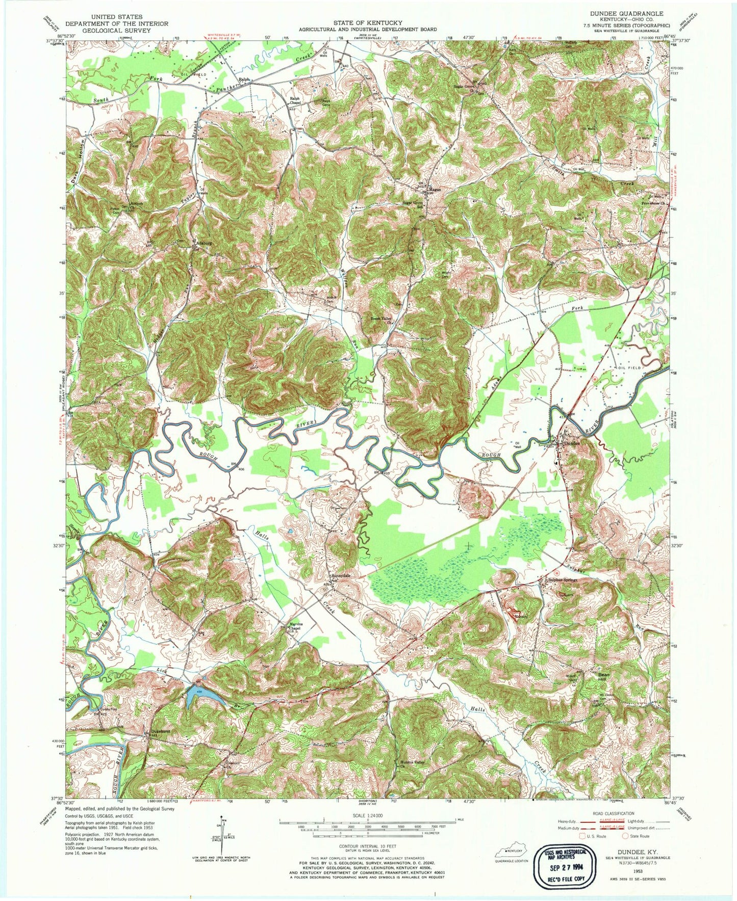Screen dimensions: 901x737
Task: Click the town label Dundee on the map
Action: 573,443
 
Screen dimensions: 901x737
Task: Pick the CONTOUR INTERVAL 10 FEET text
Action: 367,845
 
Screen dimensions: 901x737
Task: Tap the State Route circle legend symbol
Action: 626,836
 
